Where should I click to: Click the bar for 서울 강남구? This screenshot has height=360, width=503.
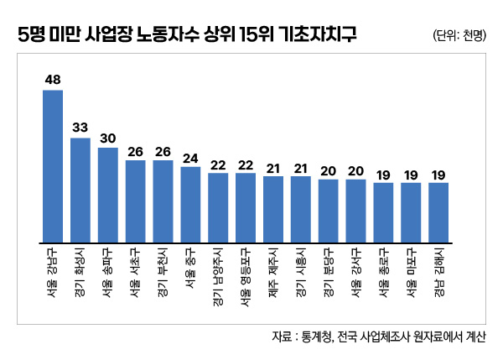[x=53, y=165]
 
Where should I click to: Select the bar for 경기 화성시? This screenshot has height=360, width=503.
[x=80, y=190]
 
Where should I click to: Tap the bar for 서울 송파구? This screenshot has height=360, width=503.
[x=108, y=195]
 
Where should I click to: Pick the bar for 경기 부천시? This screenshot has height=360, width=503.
[x=163, y=201]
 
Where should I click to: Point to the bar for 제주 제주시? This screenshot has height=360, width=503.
[x=273, y=209]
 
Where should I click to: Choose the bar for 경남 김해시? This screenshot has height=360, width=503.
[x=438, y=212]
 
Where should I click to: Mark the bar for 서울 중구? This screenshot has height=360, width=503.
[x=190, y=205]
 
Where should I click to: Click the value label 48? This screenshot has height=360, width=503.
[x=53, y=81]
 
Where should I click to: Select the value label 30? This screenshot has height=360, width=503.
[x=108, y=138]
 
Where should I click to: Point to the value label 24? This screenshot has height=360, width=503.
[x=190, y=158]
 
